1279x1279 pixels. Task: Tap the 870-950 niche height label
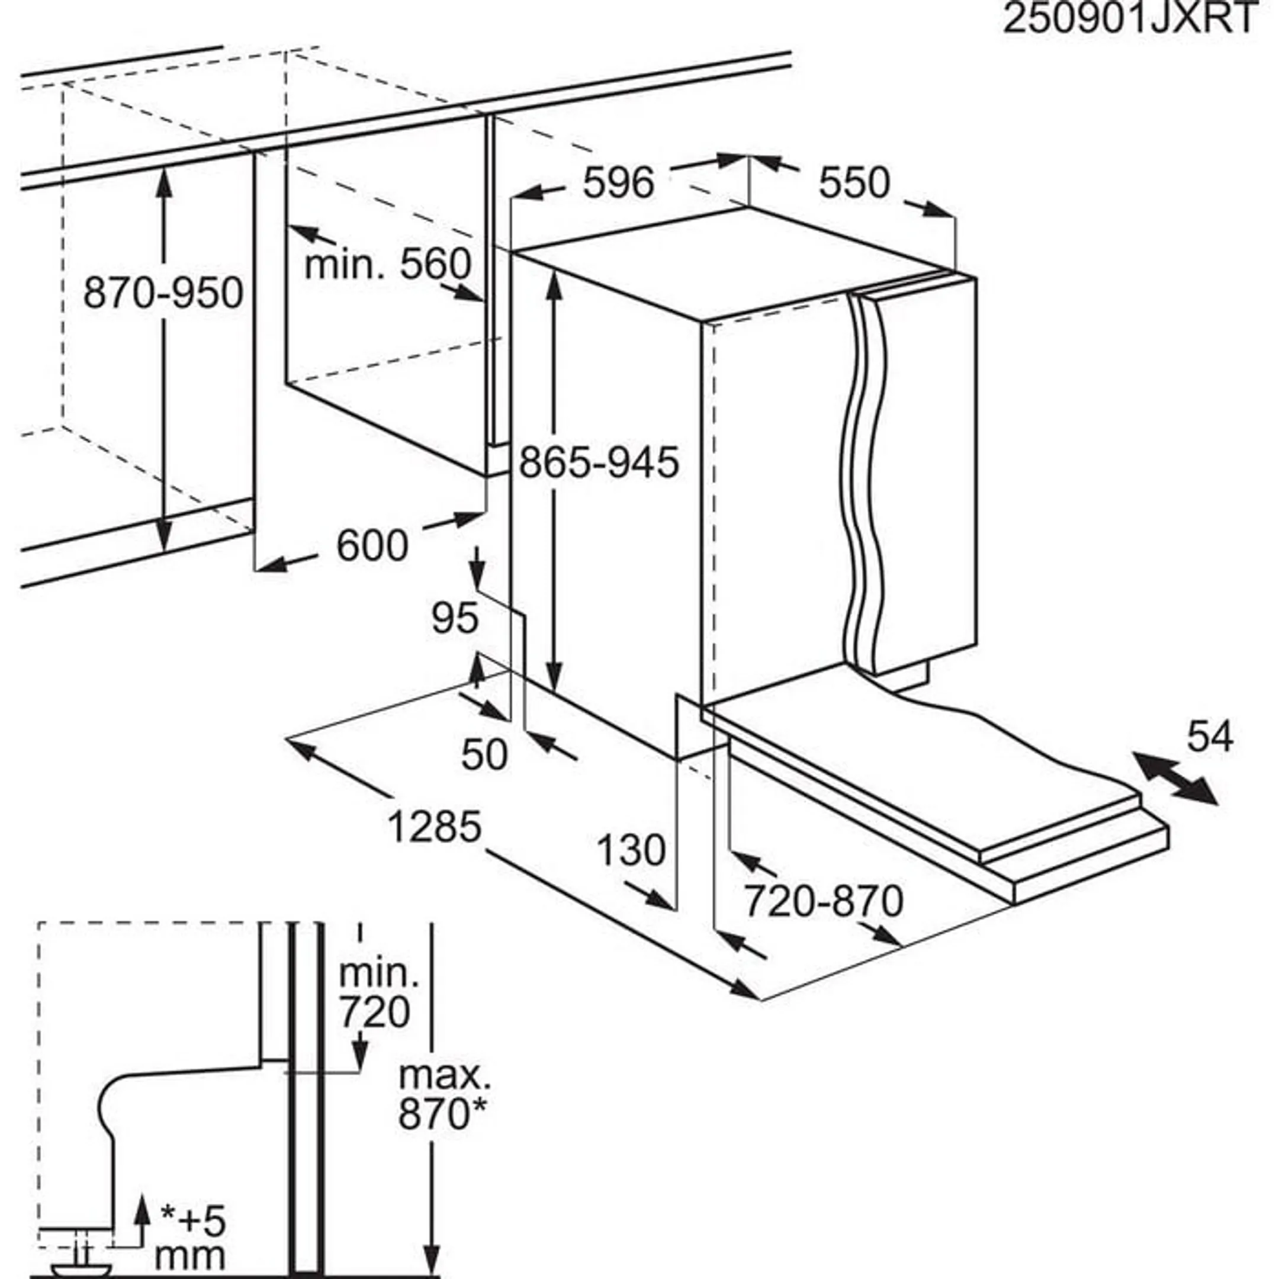[163, 292]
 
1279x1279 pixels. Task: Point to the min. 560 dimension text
[388, 264]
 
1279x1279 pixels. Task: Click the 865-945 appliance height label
[599, 462]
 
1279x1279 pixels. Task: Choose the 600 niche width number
[372, 545]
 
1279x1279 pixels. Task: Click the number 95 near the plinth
[455, 618]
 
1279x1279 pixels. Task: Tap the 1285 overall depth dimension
[434, 827]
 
